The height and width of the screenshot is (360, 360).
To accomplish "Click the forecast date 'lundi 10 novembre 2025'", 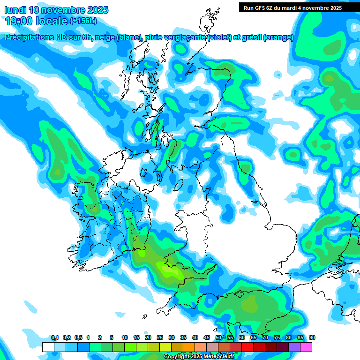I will click(x=56, y=10).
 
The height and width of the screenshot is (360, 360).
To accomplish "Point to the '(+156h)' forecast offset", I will click(x=83, y=21).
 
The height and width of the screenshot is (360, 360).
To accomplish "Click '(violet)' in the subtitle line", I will click(x=220, y=37).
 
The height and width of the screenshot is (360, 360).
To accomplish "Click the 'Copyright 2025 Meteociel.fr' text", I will click(x=199, y=357).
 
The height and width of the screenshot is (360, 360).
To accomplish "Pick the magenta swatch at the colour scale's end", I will click(x=306, y=347).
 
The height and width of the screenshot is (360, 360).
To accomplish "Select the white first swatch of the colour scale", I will click(x=48, y=347).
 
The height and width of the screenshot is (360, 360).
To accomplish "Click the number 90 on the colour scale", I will click(x=312, y=338).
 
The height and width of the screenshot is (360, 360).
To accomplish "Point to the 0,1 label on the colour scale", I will click(x=54, y=338).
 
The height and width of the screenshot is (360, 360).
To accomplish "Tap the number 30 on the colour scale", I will click(x=172, y=338).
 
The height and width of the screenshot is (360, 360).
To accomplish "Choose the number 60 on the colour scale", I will click(x=242, y=338).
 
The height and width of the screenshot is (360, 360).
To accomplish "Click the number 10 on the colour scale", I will click(x=125, y=338).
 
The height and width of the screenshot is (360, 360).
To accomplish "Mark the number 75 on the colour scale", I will click(x=277, y=338).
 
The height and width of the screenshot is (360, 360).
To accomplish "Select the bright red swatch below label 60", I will click(x=247, y=347).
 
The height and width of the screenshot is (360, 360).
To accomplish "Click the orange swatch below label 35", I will click(x=189, y=347).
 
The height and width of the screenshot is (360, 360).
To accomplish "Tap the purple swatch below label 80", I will click(x=294, y=347).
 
